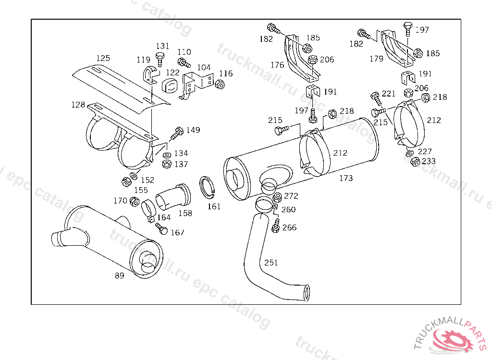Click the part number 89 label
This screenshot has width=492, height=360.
pyautogui.click(x=120, y=276)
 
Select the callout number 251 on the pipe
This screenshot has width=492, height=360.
pyautogui.click(x=271, y=263)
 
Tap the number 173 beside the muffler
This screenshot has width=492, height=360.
pyautogui.click(x=346, y=178)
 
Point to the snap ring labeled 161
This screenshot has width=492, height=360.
pyautogui.click(x=207, y=187)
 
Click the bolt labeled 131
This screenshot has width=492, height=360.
pyautogui.click(x=160, y=59)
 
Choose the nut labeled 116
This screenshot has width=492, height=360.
pyautogui.click(x=220, y=84)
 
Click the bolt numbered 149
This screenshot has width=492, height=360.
pyautogui.click(x=176, y=133)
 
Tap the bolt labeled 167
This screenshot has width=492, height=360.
pyautogui.click(x=162, y=229)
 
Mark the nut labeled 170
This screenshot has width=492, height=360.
pyautogui.click(x=135, y=201)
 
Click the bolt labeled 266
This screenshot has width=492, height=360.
pyautogui.click(x=276, y=226)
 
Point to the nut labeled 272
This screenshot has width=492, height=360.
pyautogui.click(x=277, y=197)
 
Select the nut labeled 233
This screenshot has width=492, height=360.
pyautogui.click(x=415, y=161)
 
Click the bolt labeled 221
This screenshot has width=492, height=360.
pyautogui.click(x=376, y=98)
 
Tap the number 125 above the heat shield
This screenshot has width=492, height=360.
pyautogui.click(x=103, y=58)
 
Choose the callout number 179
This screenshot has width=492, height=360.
pyautogui.click(x=377, y=59)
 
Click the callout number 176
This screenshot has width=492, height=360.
pyautogui.click(x=277, y=65)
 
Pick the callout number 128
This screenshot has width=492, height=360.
pyautogui.click(x=78, y=105)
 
